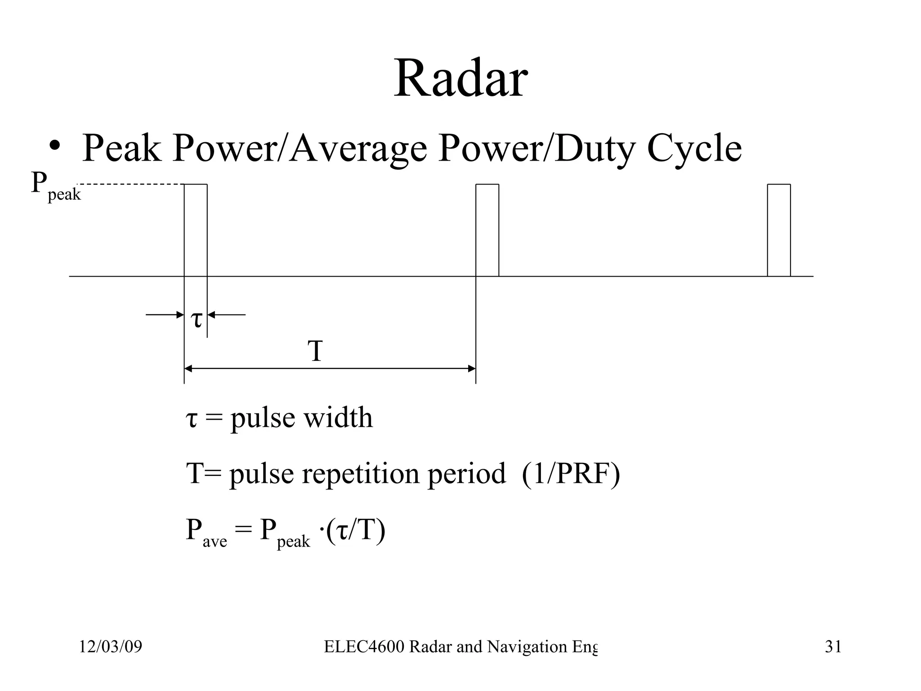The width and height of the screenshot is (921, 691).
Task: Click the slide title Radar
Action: click(x=460, y=79)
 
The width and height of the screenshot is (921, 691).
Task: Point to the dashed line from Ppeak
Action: click(x=130, y=184)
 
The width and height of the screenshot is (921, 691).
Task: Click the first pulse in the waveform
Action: click(x=196, y=229)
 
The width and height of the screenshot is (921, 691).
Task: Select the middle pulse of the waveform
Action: click(x=487, y=229)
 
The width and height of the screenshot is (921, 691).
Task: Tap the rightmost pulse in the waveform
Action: click(x=779, y=229)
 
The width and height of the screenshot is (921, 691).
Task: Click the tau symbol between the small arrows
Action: click(x=197, y=319)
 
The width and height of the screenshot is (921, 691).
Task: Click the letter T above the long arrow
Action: click(x=315, y=351)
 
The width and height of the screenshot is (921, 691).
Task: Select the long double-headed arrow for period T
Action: click(x=330, y=368)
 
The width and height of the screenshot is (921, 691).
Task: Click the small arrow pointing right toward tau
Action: click(x=164, y=314)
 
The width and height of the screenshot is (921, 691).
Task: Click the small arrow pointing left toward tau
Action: click(x=227, y=314)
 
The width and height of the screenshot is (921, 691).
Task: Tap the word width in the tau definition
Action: click(x=338, y=417)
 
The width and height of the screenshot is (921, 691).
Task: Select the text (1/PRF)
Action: click(x=571, y=474)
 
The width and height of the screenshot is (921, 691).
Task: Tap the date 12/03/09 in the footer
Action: click(x=111, y=647)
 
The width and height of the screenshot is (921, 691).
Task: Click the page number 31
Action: click(x=833, y=647)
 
